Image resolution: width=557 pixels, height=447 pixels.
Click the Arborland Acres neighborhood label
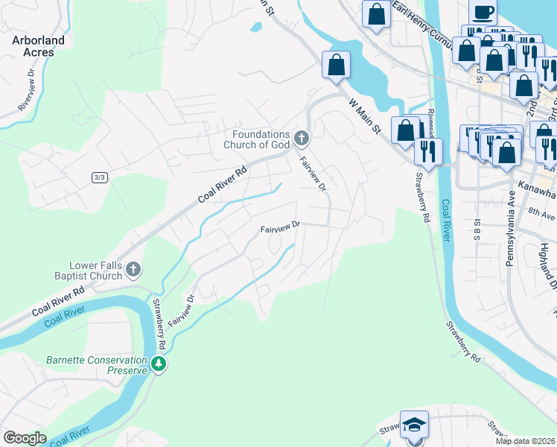tap(38, 46)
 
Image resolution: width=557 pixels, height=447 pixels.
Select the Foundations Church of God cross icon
tap(302, 137)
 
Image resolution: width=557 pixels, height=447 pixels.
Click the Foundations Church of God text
tap(255, 139)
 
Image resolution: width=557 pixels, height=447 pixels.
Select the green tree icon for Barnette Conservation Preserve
tap(158, 364)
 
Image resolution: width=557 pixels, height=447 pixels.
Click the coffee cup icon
tap(483, 12)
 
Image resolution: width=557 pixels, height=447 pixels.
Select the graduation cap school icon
tap(414, 425)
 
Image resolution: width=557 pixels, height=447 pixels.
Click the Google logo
tap(25, 438)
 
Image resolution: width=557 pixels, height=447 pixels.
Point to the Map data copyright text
tap(526, 441)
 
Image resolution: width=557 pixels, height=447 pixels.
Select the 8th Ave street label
tap(541, 214)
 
